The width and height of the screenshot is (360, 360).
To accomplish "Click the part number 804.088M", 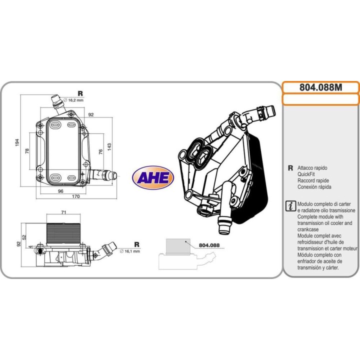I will coord(320,87).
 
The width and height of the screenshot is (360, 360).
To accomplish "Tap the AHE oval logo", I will coord(152,177).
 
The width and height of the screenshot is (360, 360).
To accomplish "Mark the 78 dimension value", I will coord(27,150).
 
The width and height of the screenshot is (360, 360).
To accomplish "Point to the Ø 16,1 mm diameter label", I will coord(129,251).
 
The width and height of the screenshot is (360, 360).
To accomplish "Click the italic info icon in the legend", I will coord(289,206).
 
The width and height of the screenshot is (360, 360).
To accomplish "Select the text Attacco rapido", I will coord(312,168).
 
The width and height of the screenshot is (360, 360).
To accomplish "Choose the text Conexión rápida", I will coord(314,187).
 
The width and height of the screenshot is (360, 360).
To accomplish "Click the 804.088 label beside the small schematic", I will coord(209,245).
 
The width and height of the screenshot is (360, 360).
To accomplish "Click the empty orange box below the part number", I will coord(320,99).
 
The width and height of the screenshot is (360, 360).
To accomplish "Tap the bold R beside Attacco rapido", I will coord(290,168).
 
